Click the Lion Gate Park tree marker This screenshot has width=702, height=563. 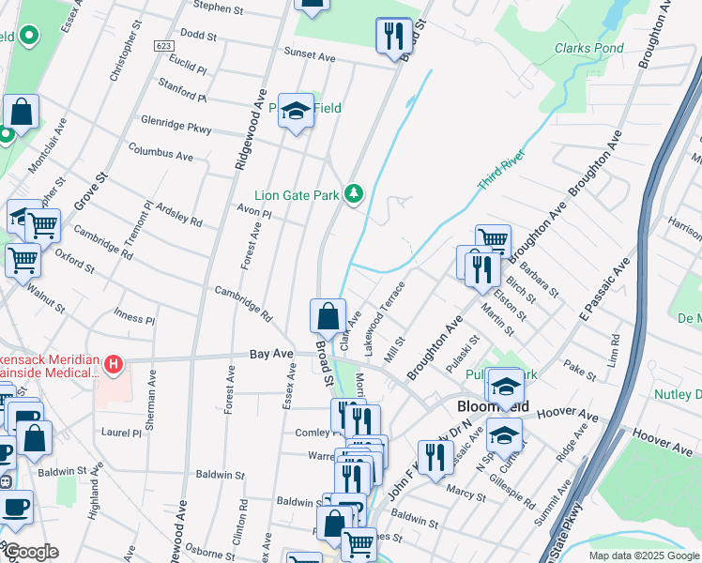[354, 194]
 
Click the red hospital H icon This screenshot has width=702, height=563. [114, 364]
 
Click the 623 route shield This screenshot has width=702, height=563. [164, 45]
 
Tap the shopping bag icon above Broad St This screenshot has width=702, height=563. [328, 316]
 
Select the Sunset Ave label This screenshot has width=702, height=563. [310, 57]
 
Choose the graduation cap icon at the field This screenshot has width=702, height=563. [296, 110]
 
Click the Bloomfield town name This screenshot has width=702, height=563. [493, 407]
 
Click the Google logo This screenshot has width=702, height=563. [30, 552]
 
